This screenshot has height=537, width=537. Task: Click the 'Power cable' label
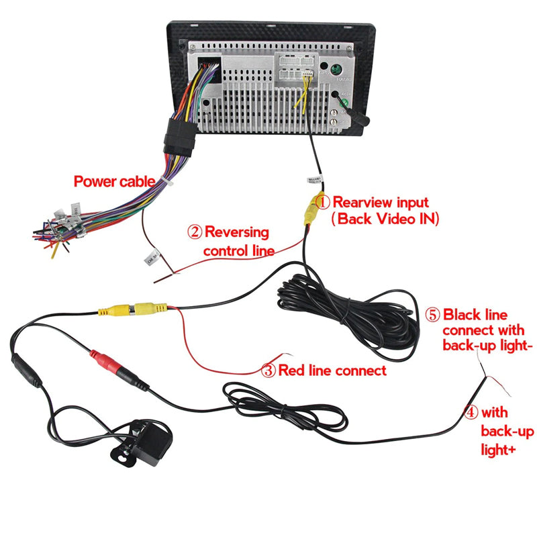pos(114,181)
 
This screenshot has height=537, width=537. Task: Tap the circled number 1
pos(323,201)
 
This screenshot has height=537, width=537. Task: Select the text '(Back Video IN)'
pos(385,218)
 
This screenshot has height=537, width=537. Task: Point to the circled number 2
pos(195,233)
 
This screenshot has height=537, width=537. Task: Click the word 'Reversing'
pos(236,233)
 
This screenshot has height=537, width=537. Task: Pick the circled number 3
pos(268,370)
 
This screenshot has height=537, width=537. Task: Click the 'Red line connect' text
pos(332,370)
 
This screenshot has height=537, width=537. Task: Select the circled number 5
pos(433,314)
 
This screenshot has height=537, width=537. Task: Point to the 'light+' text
pos(498,449)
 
